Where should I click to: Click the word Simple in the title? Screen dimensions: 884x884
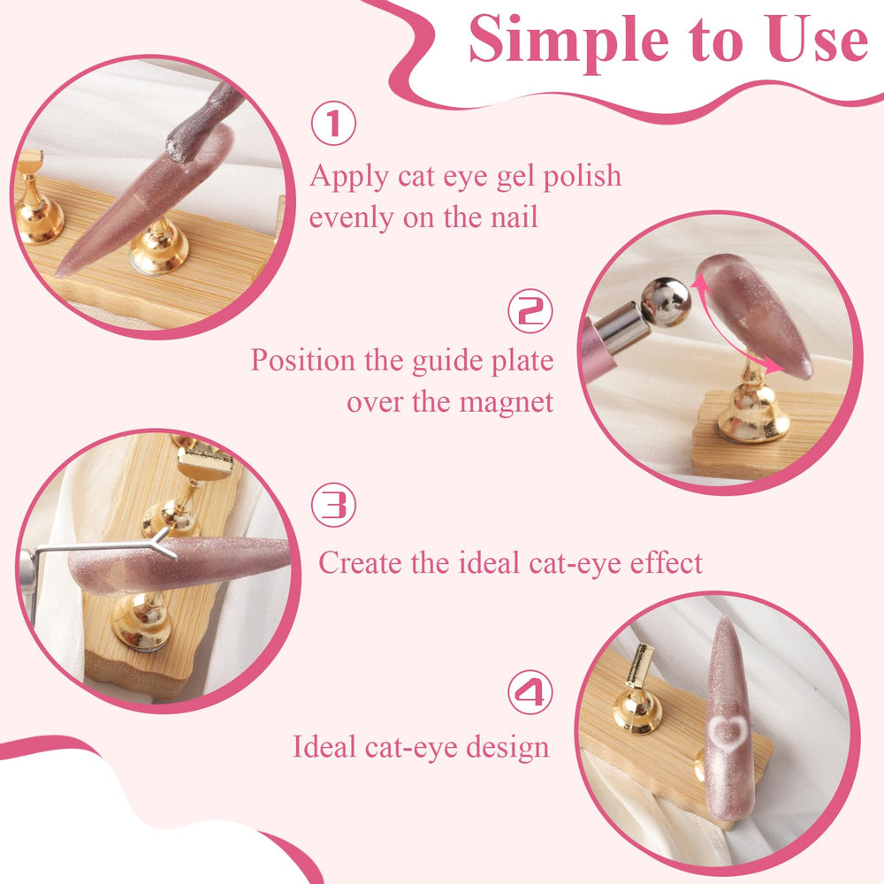coord(568,41)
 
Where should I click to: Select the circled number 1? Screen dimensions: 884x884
coord(334,123)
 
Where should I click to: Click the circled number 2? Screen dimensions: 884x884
coord(530,310)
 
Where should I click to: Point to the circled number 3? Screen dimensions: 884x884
coord(334,505)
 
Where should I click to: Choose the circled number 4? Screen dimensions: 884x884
coord(530,692)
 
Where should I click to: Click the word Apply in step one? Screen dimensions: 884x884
coord(349,178)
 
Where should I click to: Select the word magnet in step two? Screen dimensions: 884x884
coord(507,403)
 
